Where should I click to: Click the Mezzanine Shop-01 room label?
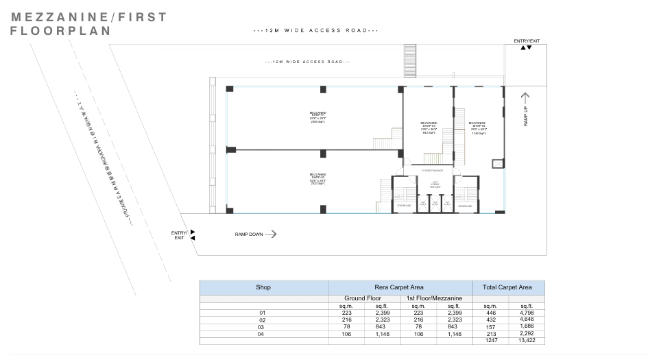point(317,117)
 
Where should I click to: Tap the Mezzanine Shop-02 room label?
point(317,178)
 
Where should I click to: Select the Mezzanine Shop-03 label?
point(429,128)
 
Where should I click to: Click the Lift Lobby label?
point(435,184)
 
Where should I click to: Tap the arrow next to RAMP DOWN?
point(270,234)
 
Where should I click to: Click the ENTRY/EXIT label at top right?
point(526,41)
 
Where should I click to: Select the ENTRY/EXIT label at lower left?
point(179,235)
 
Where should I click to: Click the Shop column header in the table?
point(264,288)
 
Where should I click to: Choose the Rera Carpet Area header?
point(400,288)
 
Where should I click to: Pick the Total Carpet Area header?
point(508,288)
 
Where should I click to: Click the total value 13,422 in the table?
point(527,339)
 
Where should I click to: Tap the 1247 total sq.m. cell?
point(490,339)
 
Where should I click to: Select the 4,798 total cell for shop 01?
point(527,313)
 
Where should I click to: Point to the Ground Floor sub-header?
point(364,299)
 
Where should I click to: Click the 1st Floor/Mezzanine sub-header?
point(435,299)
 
